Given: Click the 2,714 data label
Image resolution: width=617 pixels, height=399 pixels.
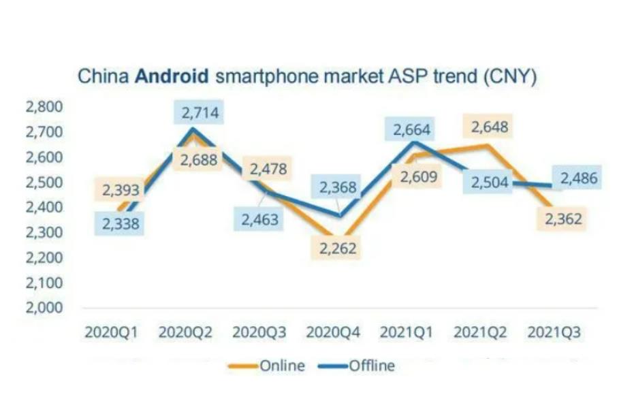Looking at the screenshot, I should tap(201, 112).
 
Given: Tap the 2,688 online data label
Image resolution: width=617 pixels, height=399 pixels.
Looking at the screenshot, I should tap(200, 161).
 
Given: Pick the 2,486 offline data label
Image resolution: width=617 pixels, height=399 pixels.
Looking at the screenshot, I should tap(578, 178).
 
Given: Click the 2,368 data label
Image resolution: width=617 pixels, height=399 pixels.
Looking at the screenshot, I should tap(338, 187).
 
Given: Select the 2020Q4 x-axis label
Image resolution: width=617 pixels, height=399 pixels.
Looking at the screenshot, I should tap(333, 332).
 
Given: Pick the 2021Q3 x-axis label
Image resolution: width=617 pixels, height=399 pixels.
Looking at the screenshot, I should tap(556, 332).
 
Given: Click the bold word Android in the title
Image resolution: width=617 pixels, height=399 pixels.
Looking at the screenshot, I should tap(172, 75).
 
